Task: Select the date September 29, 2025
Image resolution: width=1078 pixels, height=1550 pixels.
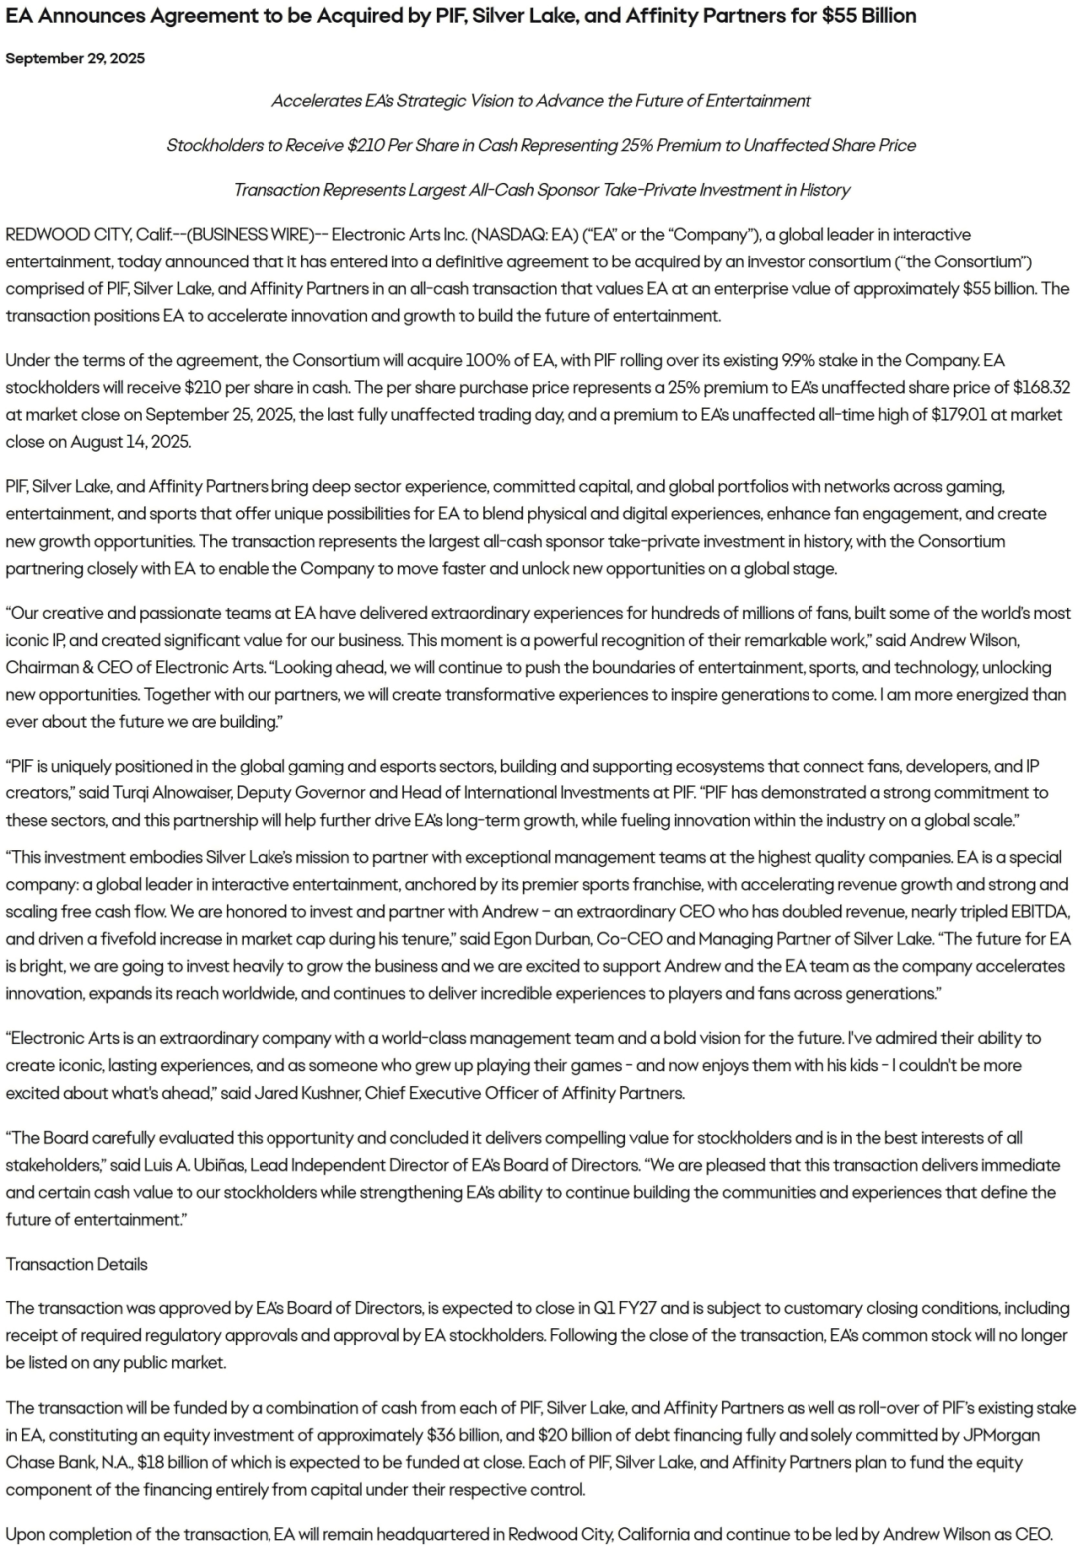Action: pos(75,58)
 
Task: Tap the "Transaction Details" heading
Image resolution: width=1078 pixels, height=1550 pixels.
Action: pos(76,1264)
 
